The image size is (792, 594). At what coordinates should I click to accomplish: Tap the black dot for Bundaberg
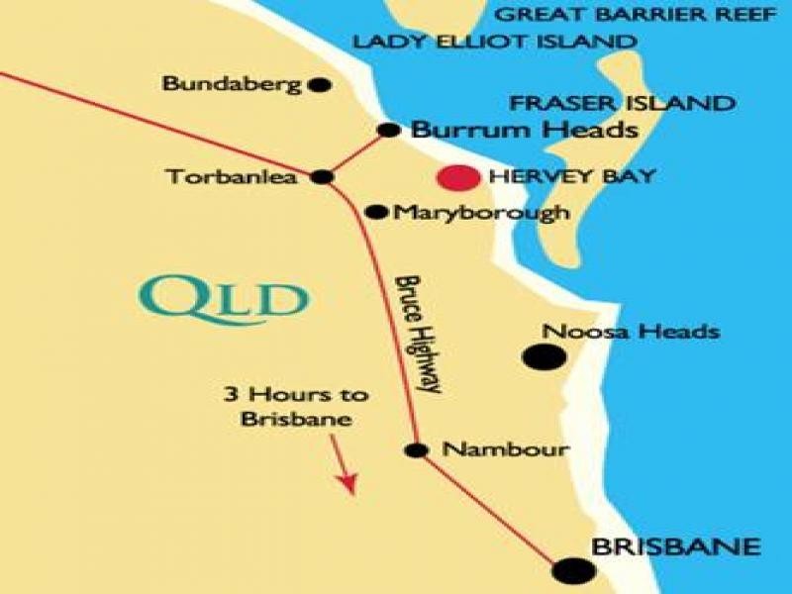(319, 85)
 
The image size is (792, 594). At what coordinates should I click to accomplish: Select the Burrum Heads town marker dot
(389, 130)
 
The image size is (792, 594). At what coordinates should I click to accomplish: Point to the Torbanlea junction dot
(322, 177)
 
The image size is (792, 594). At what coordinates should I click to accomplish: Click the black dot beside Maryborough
(376, 212)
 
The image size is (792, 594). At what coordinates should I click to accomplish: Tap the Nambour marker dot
(418, 450)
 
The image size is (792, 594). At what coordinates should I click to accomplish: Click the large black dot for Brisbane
(573, 570)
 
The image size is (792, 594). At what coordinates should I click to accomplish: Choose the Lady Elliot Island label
(494, 43)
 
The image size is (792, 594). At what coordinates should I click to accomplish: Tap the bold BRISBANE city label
(675, 546)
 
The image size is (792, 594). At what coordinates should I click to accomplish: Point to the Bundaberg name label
(231, 84)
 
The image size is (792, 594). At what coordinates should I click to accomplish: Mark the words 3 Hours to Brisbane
(296, 407)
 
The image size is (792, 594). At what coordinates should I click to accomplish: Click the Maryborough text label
(481, 212)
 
